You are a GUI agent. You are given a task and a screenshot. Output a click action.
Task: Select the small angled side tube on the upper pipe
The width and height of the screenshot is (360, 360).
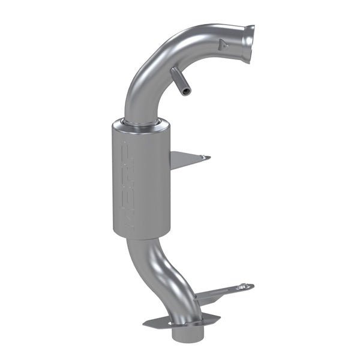(x=181, y=81)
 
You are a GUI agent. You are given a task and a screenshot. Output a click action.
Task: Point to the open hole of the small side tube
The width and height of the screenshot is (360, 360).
(x=188, y=91)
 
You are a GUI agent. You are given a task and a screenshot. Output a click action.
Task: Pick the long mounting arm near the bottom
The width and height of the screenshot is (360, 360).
(x=222, y=292)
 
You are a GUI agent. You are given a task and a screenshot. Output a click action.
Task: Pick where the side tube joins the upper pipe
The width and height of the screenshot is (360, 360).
(x=174, y=72)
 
